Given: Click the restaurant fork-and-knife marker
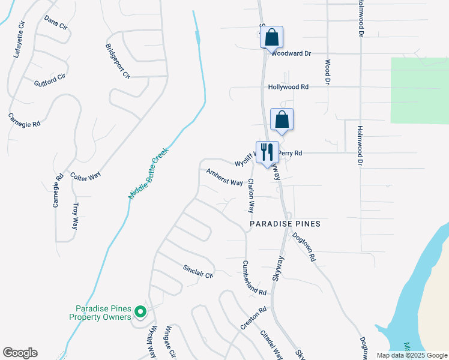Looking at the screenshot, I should tap(267, 152).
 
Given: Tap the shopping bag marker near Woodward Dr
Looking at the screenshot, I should tap(271, 37).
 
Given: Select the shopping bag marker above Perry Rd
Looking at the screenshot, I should tap(282, 119).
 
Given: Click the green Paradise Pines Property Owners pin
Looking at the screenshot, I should tap(140, 311).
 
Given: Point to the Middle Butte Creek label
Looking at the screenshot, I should tap(148, 173).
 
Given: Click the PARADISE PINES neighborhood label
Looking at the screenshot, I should tap(285, 224).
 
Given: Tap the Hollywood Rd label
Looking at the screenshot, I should tap(288, 87).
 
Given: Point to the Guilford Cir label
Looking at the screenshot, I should tap(49, 81).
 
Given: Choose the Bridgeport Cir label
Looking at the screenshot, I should tap(118, 61).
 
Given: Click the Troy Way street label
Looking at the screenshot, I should tap(76, 216).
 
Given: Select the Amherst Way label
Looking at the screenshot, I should tap(224, 178).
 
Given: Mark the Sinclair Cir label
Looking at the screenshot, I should tap(199, 271).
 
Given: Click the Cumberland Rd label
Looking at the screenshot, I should tap(255, 278).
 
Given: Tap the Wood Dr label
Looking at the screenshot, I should tap(327, 71).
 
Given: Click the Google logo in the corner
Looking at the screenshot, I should tap(20, 353).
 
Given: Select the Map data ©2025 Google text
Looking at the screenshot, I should tap(411, 355).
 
